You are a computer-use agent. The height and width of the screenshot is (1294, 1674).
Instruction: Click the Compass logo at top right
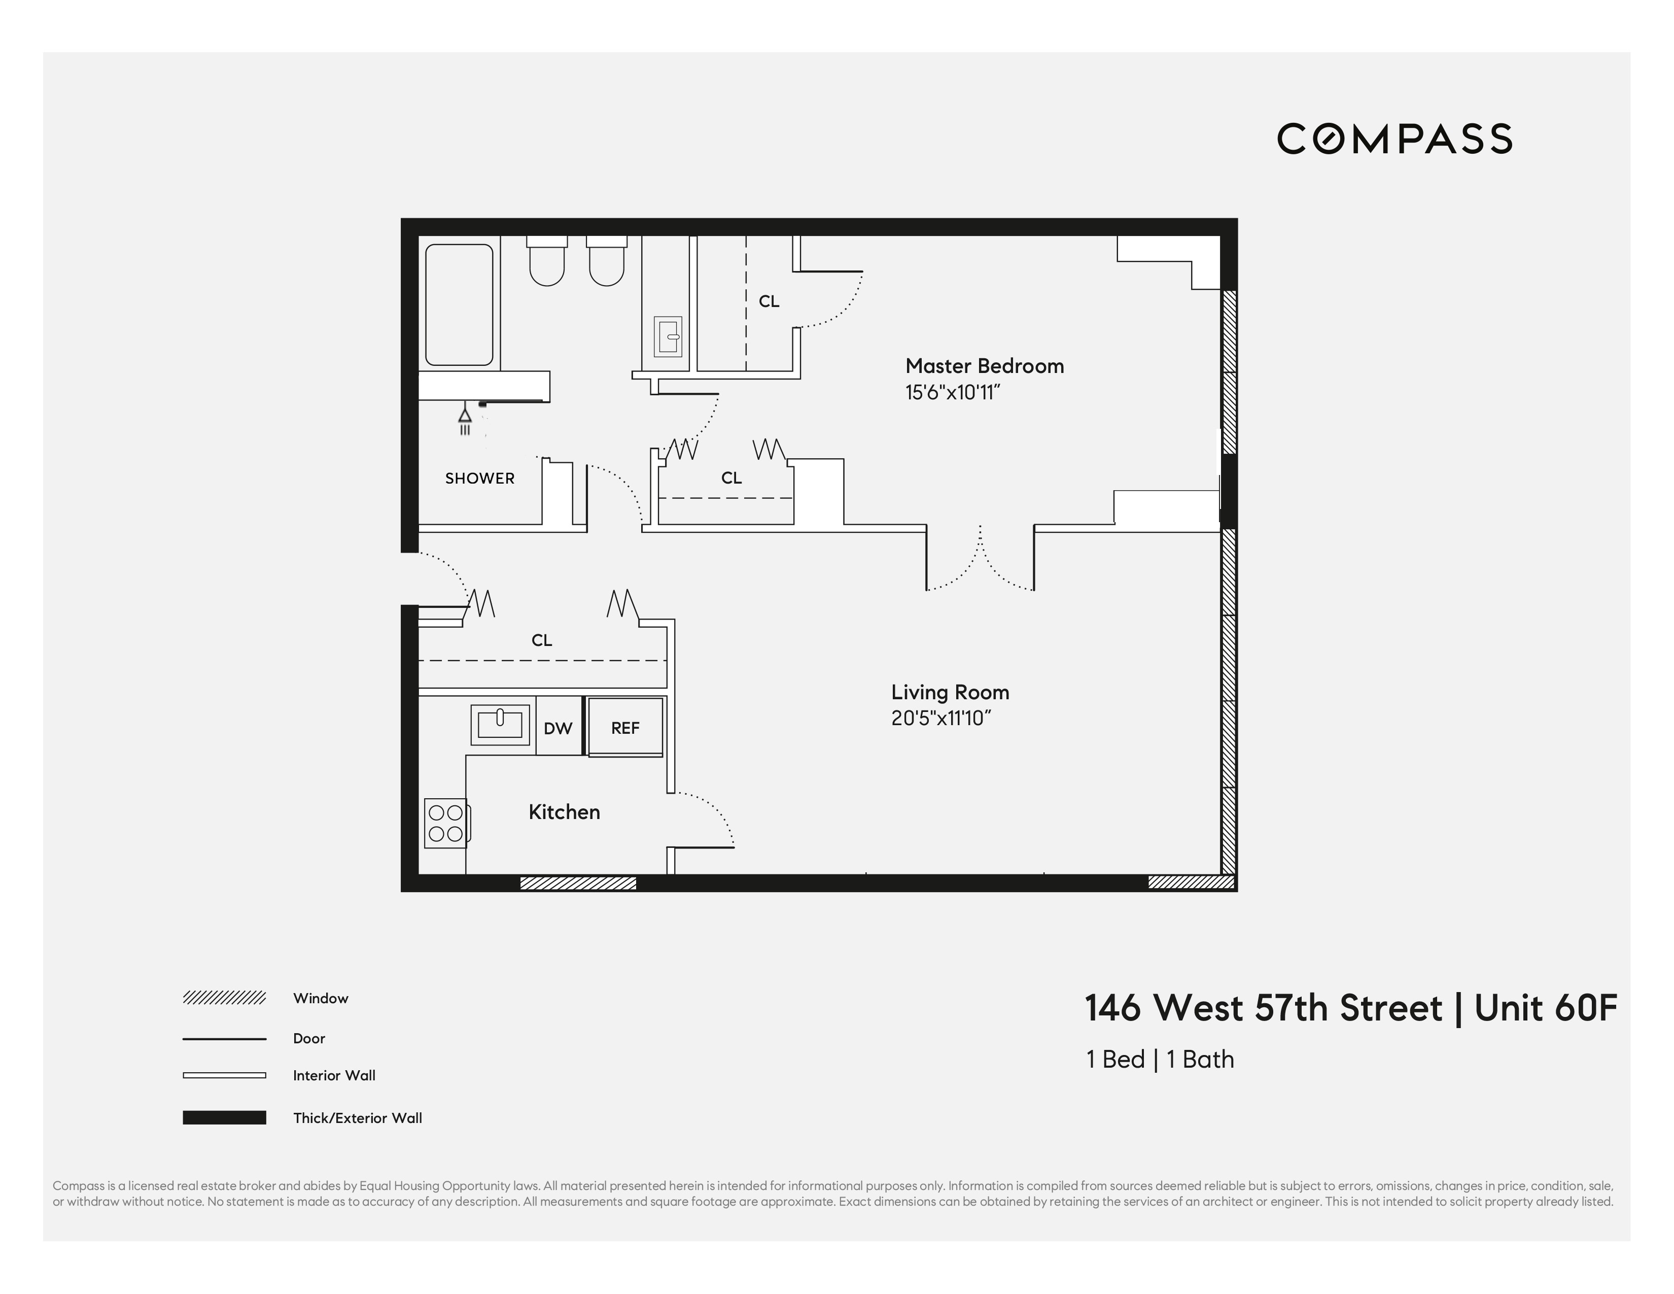pos(1393,139)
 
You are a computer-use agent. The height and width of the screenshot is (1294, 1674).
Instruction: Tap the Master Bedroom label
pos(984,366)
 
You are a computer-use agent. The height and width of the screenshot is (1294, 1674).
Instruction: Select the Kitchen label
pos(564,812)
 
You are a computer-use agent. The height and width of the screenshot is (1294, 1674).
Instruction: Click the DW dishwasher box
pos(558,728)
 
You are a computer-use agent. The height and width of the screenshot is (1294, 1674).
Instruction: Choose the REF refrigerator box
pos(624,728)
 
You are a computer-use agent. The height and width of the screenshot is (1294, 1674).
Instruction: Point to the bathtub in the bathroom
pos(459,304)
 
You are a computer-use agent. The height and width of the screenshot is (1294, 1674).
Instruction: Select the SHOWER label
pos(480,479)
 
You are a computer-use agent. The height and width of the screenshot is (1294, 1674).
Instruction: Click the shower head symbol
pos(465,418)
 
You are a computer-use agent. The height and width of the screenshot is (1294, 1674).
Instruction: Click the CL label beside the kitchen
pos(542,640)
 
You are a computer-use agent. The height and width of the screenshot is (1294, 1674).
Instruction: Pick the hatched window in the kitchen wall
pos(578,883)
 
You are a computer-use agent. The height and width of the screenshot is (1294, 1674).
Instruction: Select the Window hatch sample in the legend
pos(224,998)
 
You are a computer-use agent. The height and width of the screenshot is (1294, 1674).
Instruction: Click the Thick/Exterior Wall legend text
pos(357,1118)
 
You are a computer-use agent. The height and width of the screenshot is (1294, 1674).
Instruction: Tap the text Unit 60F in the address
pos(1545,1009)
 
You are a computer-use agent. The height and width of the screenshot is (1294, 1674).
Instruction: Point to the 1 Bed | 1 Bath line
pos(1160,1060)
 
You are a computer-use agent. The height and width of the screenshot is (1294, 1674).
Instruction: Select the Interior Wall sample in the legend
pos(224,1075)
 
